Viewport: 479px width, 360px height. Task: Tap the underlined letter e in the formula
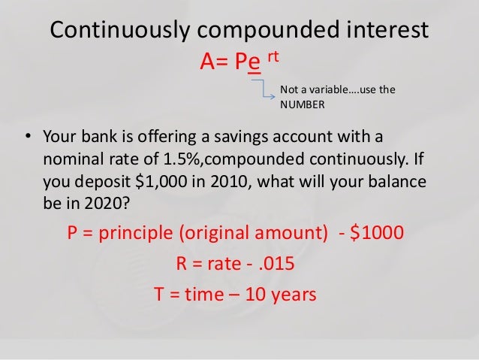pos(256,62)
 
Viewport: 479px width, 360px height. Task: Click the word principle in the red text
pos(133,233)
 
